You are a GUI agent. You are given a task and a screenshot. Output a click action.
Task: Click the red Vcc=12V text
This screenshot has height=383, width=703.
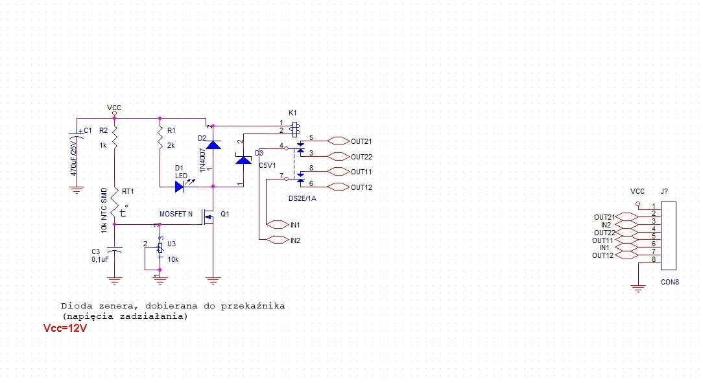[65, 329]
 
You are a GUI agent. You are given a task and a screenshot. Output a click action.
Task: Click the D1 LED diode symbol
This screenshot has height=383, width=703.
[181, 187]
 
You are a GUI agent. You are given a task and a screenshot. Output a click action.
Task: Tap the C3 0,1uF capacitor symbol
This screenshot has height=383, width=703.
[115, 250]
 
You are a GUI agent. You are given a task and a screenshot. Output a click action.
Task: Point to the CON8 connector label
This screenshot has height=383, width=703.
[670, 282]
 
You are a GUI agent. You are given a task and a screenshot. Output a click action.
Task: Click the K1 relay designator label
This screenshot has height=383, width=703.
[292, 113]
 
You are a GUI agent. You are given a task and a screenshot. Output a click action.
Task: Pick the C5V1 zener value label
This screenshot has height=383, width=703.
[268, 166]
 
